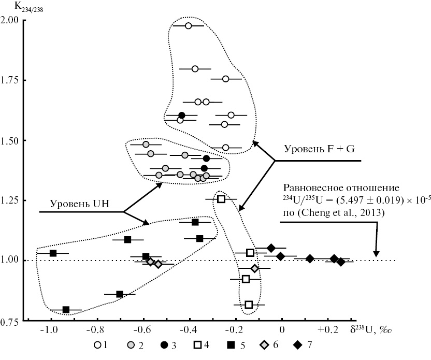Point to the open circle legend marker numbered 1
[x=97, y=344]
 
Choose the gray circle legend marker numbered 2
[x=133, y=344]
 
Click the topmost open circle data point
[x=189, y=26]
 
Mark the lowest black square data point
[x=66, y=310]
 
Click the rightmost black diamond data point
[x=340, y=262]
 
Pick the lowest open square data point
[x=249, y=305]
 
